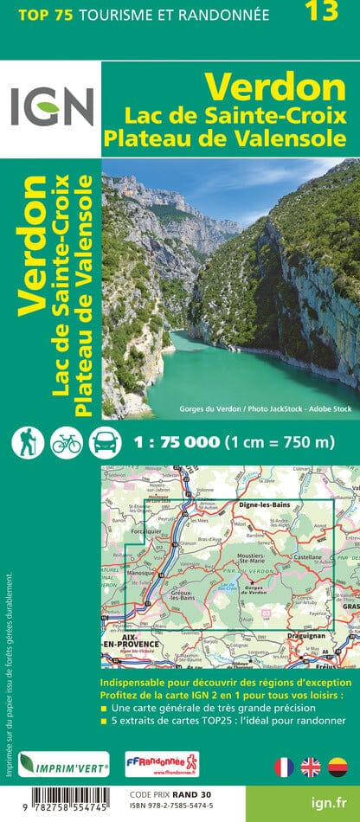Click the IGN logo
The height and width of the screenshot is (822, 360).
(51, 109)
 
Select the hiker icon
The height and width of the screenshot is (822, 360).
(28, 441)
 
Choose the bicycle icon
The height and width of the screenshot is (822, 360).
(66, 441)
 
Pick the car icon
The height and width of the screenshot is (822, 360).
(104, 441)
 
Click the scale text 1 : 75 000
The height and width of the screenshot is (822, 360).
(177, 442)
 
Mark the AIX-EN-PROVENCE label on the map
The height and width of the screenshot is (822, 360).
(130, 642)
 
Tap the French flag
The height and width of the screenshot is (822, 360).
(284, 767)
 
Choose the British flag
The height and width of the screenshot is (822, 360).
(311, 767)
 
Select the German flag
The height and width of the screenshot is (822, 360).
(337, 767)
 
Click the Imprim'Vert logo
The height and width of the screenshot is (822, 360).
(65, 764)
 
